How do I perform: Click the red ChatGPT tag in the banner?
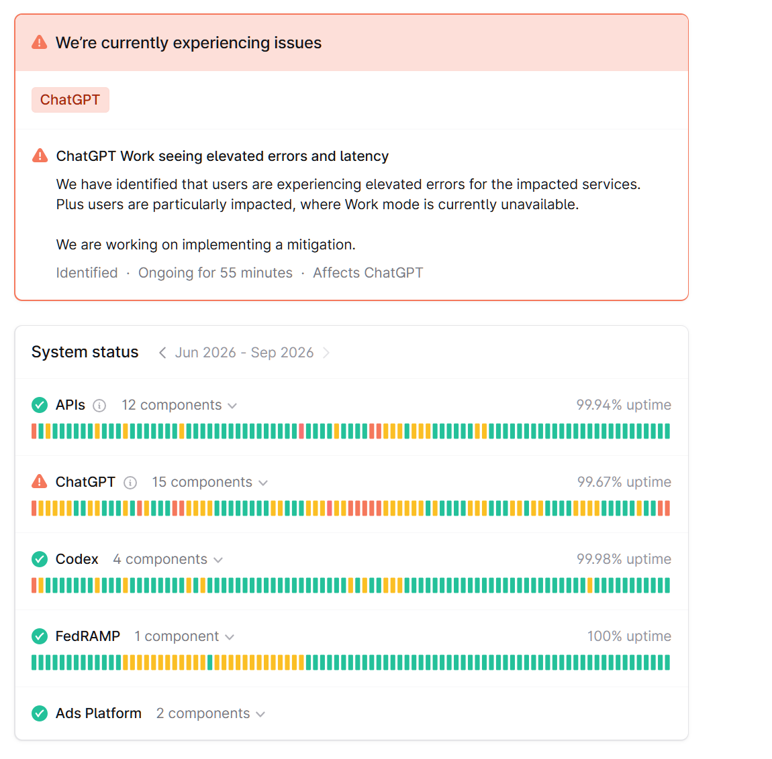click(x=70, y=100)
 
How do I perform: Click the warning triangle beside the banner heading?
click(x=40, y=43)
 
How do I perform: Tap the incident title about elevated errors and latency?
click(x=222, y=156)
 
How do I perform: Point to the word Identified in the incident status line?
click(x=87, y=272)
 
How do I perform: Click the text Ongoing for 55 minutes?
click(x=215, y=272)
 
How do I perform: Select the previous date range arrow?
click(x=162, y=353)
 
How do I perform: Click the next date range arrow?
click(x=326, y=353)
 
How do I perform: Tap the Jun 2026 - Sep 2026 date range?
click(x=244, y=353)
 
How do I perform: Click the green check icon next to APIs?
click(x=40, y=405)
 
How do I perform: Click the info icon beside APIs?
click(x=99, y=406)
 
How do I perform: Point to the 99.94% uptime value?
click(x=624, y=405)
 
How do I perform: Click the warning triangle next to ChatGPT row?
click(x=40, y=481)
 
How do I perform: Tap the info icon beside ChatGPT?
click(x=130, y=483)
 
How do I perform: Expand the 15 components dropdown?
click(x=209, y=482)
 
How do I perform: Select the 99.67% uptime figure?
click(x=624, y=482)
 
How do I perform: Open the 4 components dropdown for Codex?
click(x=168, y=559)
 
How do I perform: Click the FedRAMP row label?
click(x=88, y=636)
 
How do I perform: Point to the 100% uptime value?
click(x=629, y=636)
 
